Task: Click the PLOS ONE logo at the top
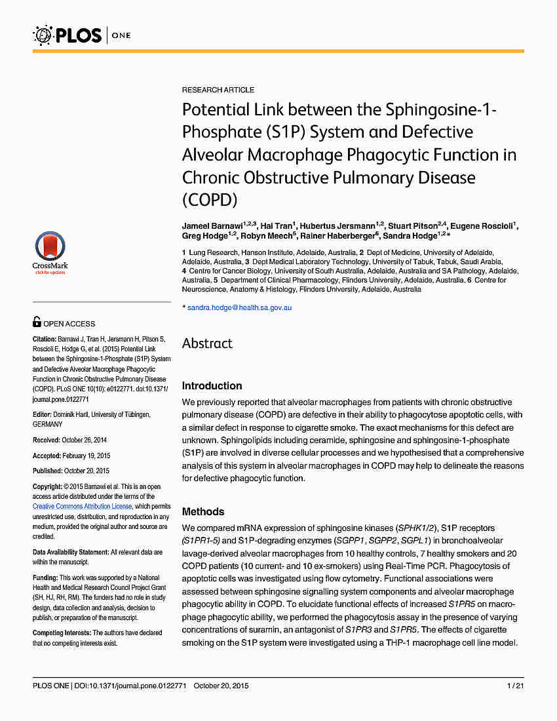[x=82, y=34]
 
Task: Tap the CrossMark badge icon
[x=50, y=252]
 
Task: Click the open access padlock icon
[x=37, y=322]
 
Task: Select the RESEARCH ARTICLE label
[x=218, y=90]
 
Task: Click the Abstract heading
[x=207, y=343]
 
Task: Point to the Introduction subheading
[x=212, y=385]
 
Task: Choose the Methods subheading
[x=203, y=511]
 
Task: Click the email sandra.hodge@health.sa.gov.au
[x=239, y=307]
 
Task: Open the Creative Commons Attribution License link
[x=82, y=507]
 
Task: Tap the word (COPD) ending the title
[x=210, y=200]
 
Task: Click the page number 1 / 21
[x=514, y=686]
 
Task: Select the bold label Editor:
[x=43, y=415]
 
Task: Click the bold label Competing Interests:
[x=62, y=633]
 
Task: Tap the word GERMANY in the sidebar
[x=47, y=425]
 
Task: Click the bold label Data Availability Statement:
[x=71, y=553]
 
